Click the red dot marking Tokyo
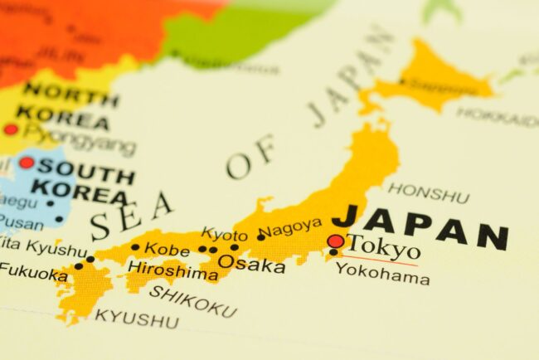click(x=335, y=241)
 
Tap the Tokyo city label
click(x=382, y=246)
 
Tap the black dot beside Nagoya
click(x=260, y=237)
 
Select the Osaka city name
click(x=251, y=265)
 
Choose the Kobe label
click(x=167, y=248)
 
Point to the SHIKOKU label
click(x=192, y=301)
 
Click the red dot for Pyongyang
click(x=11, y=129)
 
